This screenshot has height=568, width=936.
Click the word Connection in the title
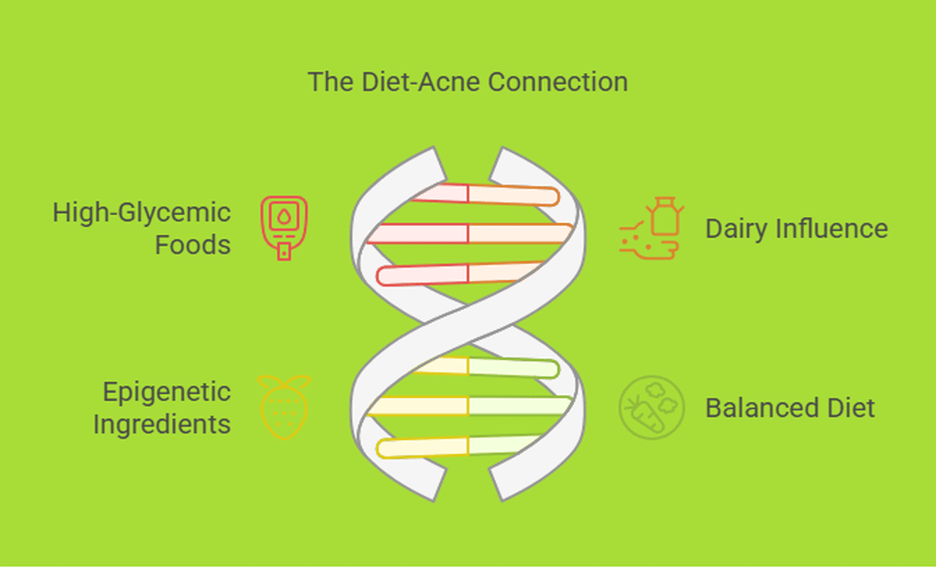click(558, 82)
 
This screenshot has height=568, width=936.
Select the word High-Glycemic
click(142, 214)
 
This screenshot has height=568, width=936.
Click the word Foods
click(193, 244)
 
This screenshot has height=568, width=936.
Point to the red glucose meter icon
click(284, 228)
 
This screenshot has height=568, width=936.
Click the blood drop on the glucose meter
click(284, 216)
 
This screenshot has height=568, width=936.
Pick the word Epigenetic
click(167, 393)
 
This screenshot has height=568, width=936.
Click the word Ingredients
click(162, 425)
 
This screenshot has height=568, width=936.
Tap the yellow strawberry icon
click(284, 407)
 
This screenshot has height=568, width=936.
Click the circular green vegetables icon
click(651, 407)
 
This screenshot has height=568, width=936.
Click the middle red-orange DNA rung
click(469, 233)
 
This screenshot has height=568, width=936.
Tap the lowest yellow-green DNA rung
click(459, 447)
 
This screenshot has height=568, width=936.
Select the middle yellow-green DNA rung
click(469, 406)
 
